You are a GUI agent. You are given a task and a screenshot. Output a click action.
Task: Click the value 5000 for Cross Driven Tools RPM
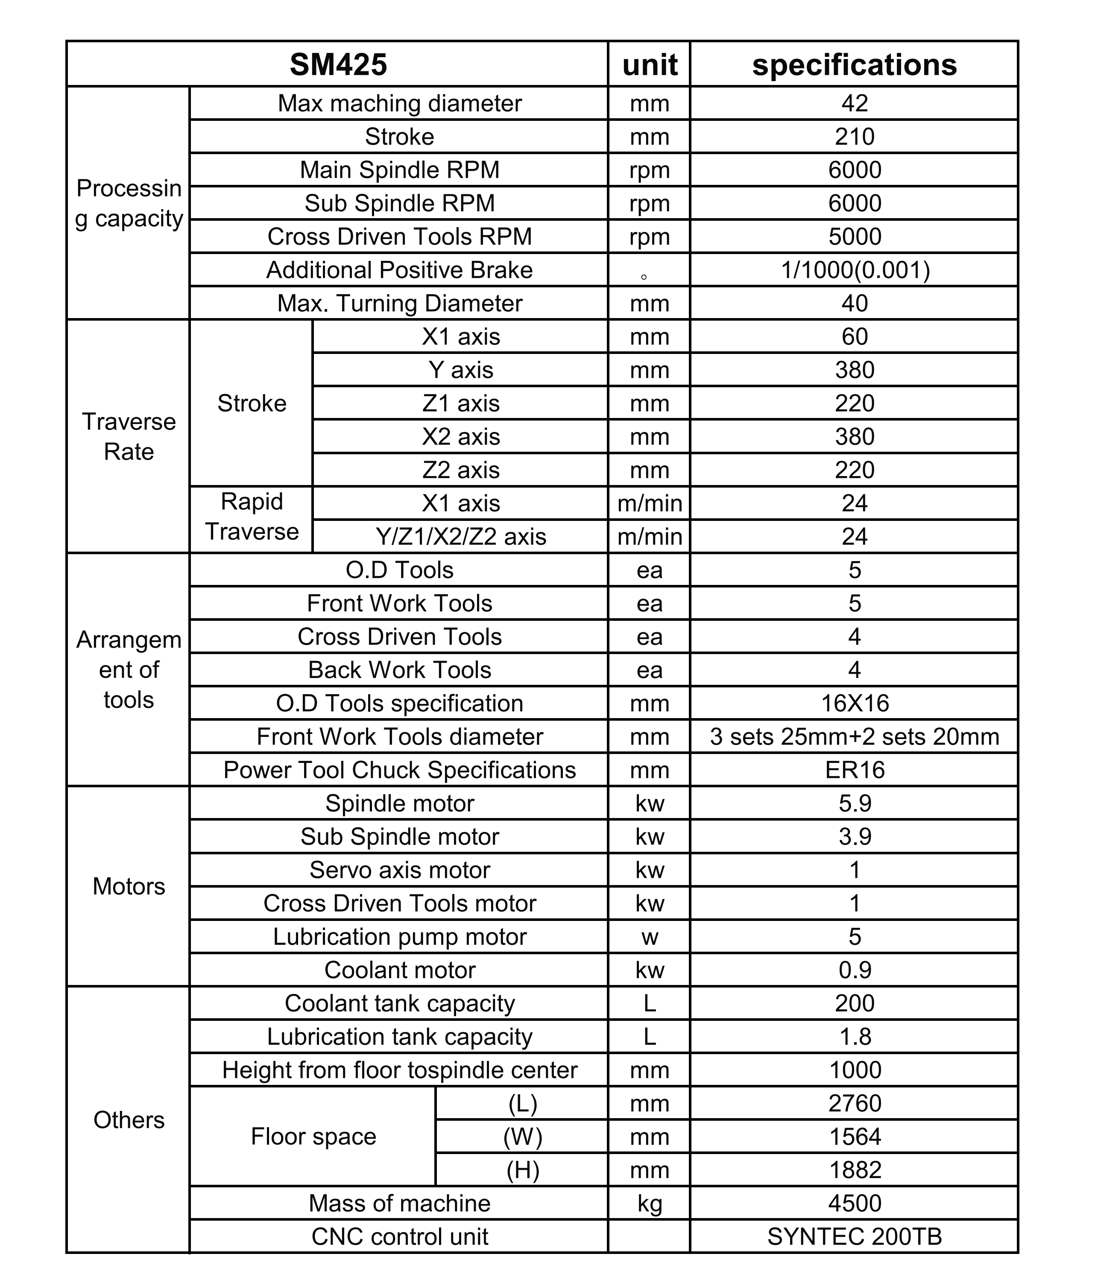855,237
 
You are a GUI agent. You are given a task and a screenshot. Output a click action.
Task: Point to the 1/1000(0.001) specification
855,270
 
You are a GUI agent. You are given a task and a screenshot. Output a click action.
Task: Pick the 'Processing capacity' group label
129,203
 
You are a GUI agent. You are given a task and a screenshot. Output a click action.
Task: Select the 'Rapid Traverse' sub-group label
252,517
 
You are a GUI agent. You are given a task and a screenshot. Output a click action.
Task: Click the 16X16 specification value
855,703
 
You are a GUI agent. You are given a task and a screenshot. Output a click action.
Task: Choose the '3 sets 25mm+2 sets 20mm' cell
855,736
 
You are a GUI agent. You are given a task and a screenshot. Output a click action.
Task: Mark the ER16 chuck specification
855,770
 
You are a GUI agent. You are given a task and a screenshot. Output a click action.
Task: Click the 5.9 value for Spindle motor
855,803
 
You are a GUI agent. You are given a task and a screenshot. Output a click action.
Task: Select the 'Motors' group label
129,886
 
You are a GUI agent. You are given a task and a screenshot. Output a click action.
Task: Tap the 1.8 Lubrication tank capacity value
855,1037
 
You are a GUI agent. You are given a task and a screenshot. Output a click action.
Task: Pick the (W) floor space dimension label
522,1137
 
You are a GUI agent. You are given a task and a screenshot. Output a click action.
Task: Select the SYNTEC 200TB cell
855,1236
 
